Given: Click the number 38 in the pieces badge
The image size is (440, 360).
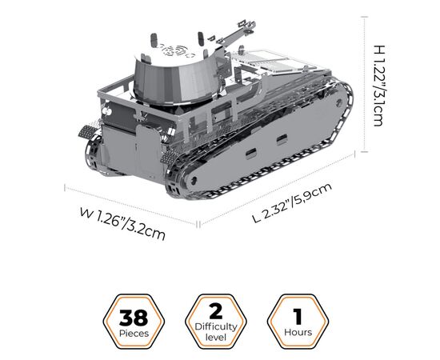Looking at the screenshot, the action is pos(134,318).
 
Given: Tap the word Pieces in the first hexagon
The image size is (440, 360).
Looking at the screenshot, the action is pos(134,334).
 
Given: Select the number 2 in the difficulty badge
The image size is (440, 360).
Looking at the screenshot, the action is pos(216,311).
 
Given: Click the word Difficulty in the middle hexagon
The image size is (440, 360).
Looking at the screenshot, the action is pos(216,327).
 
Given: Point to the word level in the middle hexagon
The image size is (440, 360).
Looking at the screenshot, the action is pos(216,337).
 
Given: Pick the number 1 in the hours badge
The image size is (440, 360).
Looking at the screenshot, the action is pos(298,316).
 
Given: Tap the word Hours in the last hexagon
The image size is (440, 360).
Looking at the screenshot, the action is pos(298,332).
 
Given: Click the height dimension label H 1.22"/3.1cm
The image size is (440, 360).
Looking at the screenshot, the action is pos(379,86).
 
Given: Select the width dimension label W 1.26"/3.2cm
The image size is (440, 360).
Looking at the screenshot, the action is pos(122,224).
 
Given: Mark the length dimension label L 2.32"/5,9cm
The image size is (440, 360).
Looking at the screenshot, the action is pos(292,202).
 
